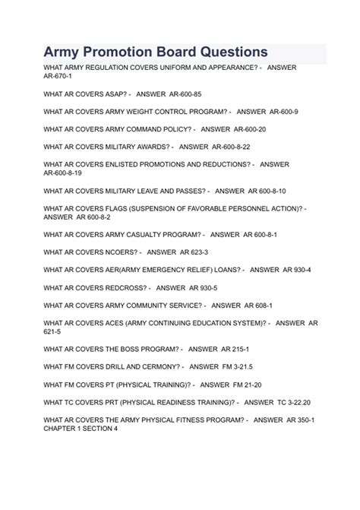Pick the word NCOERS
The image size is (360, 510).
pyautogui.click(x=120, y=252)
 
